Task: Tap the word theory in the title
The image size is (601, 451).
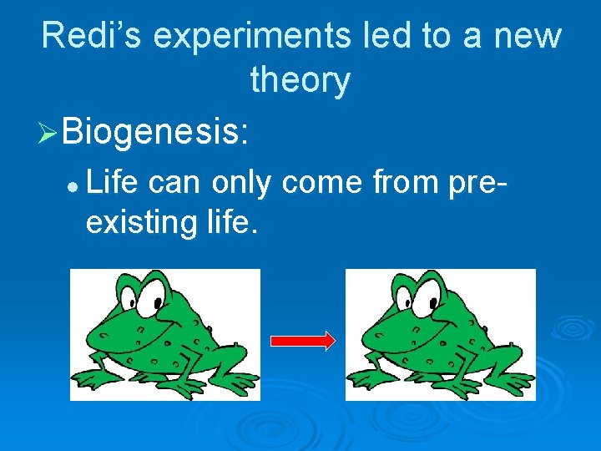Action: [x=300, y=81]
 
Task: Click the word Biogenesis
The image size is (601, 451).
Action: [x=154, y=131]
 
